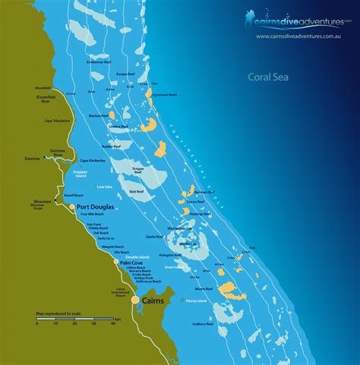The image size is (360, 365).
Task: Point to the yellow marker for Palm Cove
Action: click(x=117, y=262)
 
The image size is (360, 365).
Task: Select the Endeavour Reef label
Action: click(x=99, y=62)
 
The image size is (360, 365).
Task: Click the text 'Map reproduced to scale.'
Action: click(x=56, y=313)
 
